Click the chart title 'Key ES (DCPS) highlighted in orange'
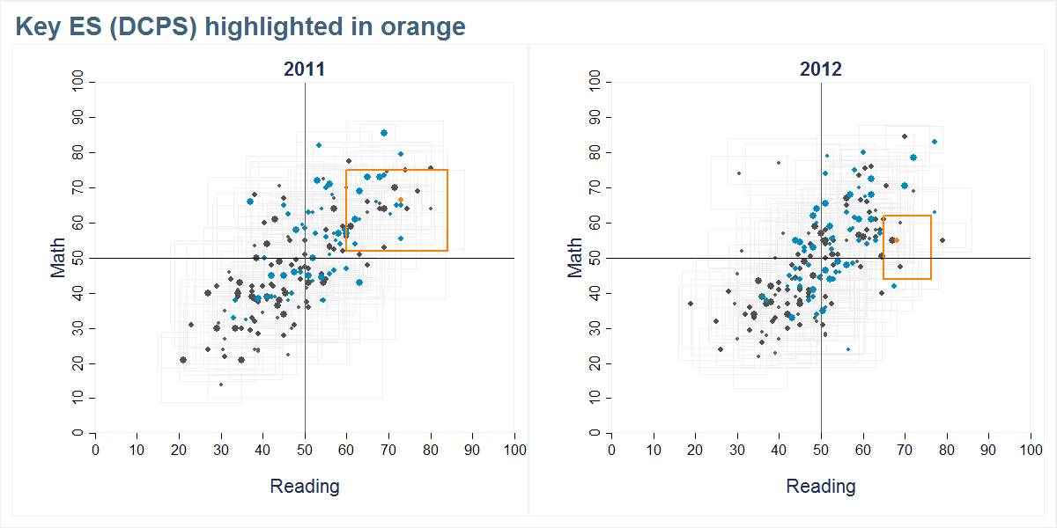[240, 26]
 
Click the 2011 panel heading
[304, 70]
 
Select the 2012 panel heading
[820, 70]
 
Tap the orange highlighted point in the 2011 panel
[401, 200]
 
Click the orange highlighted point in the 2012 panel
[897, 239]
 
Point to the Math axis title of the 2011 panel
[58, 258]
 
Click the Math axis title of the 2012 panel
[574, 258]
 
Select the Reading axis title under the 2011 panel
[304, 486]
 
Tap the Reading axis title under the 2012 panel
[820, 486]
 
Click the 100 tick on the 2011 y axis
[78, 82]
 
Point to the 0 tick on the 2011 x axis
[95, 450]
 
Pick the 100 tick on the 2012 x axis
[1031, 450]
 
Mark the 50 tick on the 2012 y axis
[597, 258]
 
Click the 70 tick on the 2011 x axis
[388, 450]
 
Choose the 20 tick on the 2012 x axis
[695, 450]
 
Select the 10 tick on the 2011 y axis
[78, 399]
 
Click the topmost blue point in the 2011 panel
[384, 133]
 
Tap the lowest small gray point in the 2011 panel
[221, 385]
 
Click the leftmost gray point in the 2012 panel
[691, 304]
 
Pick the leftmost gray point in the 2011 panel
[183, 360]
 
